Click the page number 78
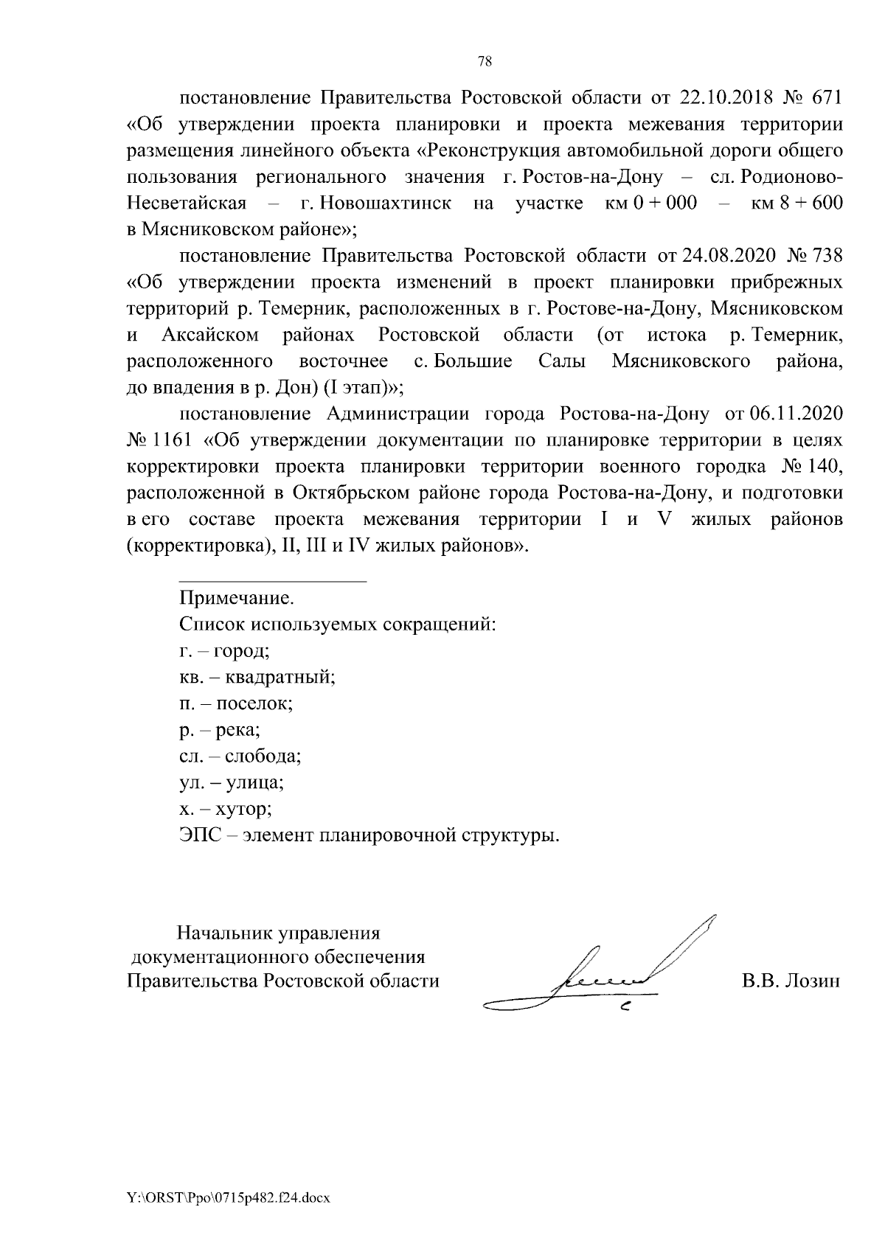pyautogui.click(x=485, y=62)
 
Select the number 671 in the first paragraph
pyautogui.click(x=827, y=98)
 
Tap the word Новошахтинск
pyautogui.click(x=375, y=203)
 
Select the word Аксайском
pyautogui.click(x=210, y=335)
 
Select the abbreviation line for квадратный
pyautogui.click(x=257, y=677)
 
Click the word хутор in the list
pyautogui.click(x=244, y=810)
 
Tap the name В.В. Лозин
pyautogui.click(x=791, y=981)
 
